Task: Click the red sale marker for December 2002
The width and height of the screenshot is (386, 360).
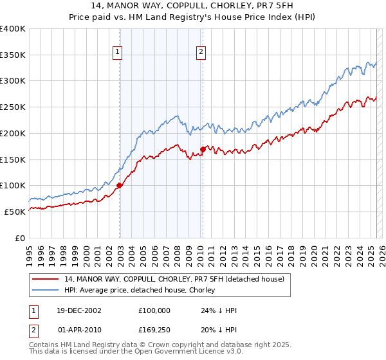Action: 120,186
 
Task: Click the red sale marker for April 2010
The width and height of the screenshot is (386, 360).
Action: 203,149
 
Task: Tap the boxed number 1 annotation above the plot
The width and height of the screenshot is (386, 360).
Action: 119,53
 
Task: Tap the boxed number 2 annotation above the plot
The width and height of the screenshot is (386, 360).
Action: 201,53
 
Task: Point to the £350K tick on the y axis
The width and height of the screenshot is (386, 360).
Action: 13,55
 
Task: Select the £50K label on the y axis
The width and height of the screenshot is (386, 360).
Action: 15,212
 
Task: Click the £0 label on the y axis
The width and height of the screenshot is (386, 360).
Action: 21,238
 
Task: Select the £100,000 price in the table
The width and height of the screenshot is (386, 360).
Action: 154,310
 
